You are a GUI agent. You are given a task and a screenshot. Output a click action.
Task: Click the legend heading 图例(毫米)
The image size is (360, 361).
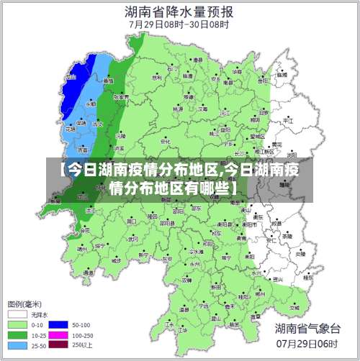pos(24,303)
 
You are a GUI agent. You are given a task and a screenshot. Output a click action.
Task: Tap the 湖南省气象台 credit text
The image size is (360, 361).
pos(307,328)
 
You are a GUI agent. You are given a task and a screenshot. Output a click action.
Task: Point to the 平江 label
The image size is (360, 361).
pos(288,122)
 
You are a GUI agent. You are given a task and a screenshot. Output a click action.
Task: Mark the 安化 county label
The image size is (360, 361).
pos(165,142)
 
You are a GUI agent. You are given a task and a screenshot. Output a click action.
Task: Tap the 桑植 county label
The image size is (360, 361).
pos(108,81)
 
